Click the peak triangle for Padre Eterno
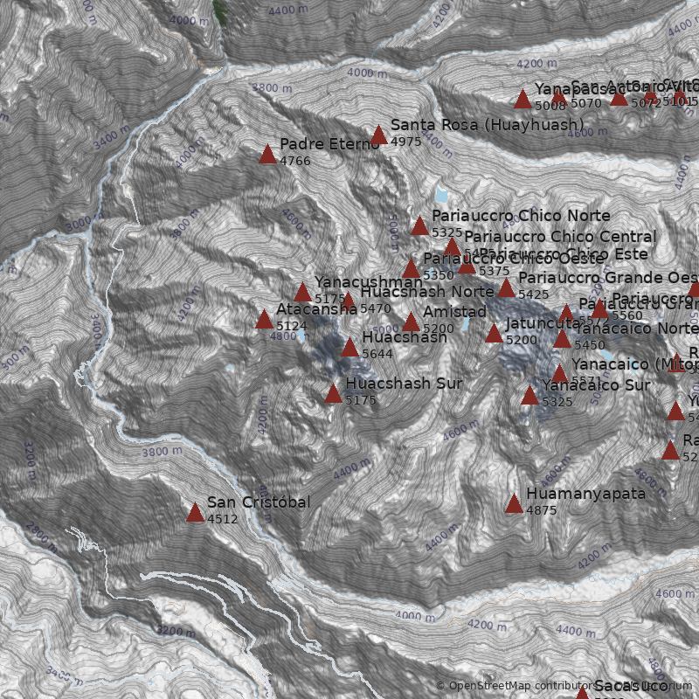tap(267, 155)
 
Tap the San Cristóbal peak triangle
tap(195, 512)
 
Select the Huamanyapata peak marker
tap(514, 503)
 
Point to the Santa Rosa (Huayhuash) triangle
tap(378, 135)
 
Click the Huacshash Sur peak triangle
tap(333, 393)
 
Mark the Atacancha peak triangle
tap(264, 319)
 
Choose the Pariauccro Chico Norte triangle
tap(419, 225)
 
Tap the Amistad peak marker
tap(411, 322)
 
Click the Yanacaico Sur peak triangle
tap(529, 395)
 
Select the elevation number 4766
tap(295, 161)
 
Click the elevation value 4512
tap(223, 518)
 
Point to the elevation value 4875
tap(542, 510)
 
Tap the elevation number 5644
tap(377, 354)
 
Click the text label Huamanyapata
tap(585, 494)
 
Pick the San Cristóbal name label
tap(259, 502)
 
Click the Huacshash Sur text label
tap(404, 384)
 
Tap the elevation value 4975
tap(406, 142)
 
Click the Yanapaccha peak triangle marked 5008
tap(523, 99)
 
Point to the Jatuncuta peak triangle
tap(494, 333)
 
